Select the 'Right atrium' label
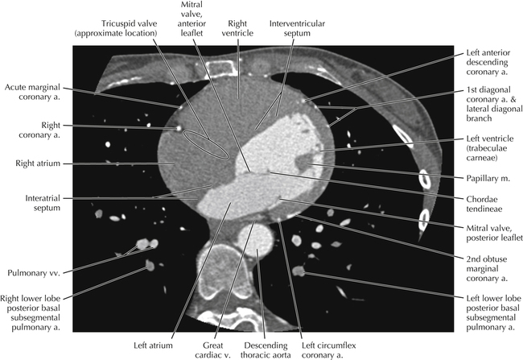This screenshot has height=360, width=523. pyautogui.click(x=37, y=163)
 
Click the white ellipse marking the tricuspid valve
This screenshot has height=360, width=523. pyautogui.click(x=208, y=144)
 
